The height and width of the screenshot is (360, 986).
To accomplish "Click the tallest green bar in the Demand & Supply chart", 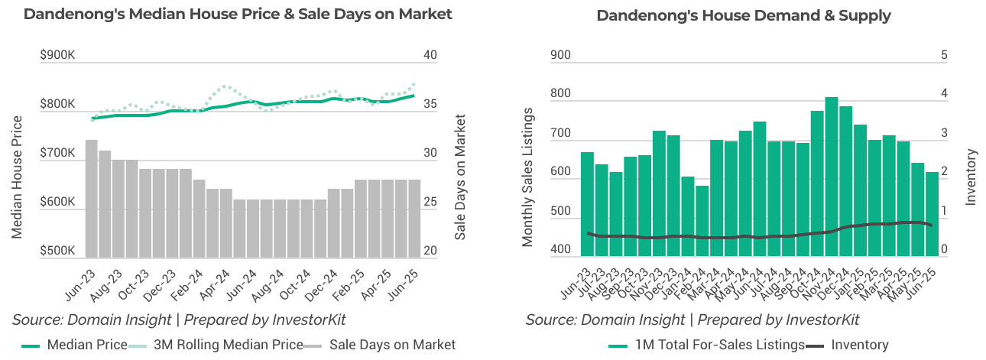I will click(x=831, y=176).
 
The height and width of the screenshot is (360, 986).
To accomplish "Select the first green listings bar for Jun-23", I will click(x=587, y=203).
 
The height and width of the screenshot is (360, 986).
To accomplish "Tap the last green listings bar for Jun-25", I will click(x=932, y=214).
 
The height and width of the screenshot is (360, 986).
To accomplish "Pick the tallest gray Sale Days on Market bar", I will click(x=91, y=199).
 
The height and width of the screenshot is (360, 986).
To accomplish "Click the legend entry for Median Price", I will click(x=86, y=345).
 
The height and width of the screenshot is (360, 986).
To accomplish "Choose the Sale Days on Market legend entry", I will click(x=391, y=345).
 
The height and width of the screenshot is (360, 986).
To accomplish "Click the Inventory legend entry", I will click(x=859, y=345).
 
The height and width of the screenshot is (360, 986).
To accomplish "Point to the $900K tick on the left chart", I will click(x=57, y=55).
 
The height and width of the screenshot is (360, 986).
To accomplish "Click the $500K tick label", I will click(x=57, y=251).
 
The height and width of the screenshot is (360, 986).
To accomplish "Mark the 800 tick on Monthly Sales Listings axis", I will click(x=560, y=94).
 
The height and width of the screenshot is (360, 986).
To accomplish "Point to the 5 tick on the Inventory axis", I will click(x=945, y=55).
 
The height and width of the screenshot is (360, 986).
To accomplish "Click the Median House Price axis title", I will click(x=17, y=177).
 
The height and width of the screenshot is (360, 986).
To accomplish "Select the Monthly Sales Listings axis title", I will click(x=527, y=177).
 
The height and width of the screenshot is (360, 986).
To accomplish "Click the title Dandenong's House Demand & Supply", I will click(x=743, y=15).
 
